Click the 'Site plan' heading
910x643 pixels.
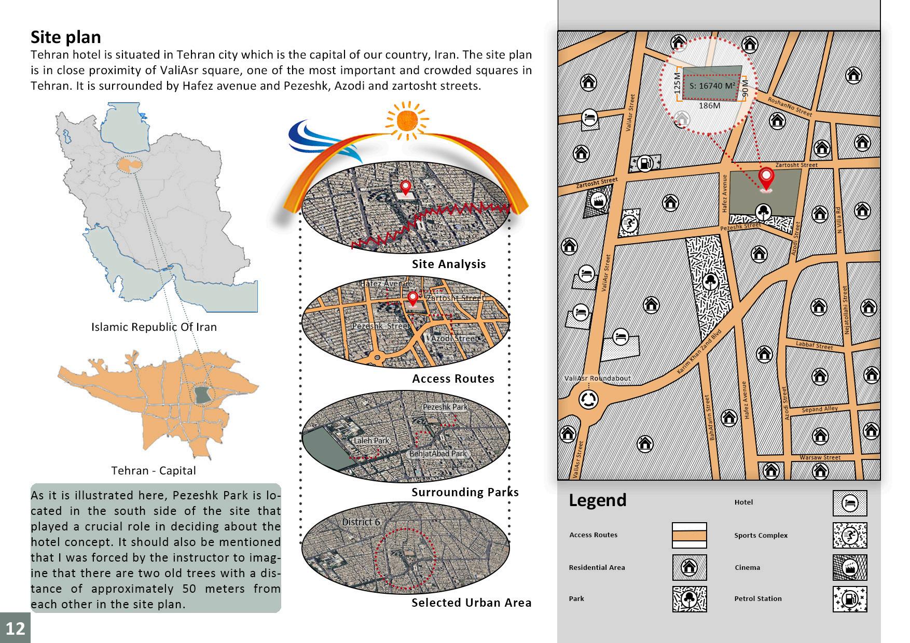pyautogui.click(x=66, y=37)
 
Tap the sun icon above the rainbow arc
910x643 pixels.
pyautogui.click(x=406, y=120)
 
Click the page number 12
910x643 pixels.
pyautogui.click(x=15, y=628)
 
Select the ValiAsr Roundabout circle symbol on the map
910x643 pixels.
pyautogui.click(x=588, y=399)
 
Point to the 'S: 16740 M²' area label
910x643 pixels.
pyautogui.click(x=712, y=86)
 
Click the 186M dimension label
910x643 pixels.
pyautogui.click(x=709, y=106)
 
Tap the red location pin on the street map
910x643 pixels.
pyautogui.click(x=766, y=179)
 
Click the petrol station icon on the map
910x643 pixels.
pyautogui.click(x=644, y=163)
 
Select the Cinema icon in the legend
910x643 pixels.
pyautogui.click(x=849, y=567)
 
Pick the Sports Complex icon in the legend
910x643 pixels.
pyautogui.click(x=849, y=535)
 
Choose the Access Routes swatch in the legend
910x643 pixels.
pyautogui.click(x=689, y=535)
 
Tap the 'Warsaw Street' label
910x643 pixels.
pyautogui.click(x=820, y=457)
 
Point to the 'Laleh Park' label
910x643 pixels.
pyautogui.click(x=371, y=440)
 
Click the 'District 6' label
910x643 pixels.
pyautogui.click(x=361, y=522)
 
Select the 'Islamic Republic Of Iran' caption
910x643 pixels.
pyautogui.click(x=154, y=327)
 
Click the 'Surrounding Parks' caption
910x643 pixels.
pyautogui.click(x=465, y=492)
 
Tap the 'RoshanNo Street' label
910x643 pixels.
pyautogui.click(x=789, y=107)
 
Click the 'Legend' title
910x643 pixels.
pyautogui.click(x=598, y=500)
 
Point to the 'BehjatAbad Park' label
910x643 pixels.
pyautogui.click(x=438, y=454)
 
